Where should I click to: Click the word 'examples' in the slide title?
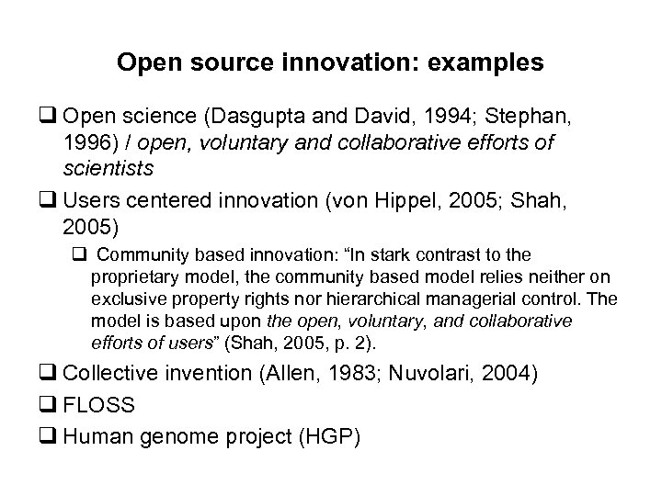[485, 63]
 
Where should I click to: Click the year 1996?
[88, 145]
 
